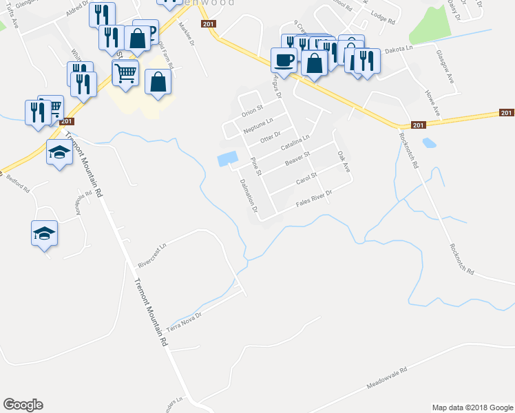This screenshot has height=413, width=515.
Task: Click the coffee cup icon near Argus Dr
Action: (x=284, y=60)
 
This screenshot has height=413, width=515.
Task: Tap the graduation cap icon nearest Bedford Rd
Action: (x=44, y=233)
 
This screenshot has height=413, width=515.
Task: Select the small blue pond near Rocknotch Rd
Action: (x=429, y=143)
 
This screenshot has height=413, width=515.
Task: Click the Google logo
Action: (x=23, y=404)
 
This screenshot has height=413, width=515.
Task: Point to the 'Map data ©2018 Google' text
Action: (x=472, y=407)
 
